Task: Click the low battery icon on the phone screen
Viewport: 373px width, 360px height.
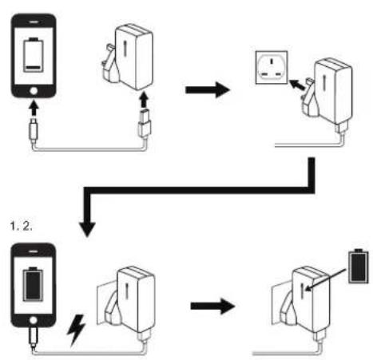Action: pos(33,55)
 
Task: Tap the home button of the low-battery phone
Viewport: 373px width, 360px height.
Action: pos(34,91)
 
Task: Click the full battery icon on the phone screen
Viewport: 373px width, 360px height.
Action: pos(33,284)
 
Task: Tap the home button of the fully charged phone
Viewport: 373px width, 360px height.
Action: pos(34,320)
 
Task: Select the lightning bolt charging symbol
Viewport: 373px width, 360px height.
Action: pos(76,330)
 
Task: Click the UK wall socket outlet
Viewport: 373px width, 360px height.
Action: pos(272,67)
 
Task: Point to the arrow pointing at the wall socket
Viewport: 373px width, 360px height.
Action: pos(297,85)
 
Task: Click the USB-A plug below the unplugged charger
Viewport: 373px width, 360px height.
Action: pos(145,123)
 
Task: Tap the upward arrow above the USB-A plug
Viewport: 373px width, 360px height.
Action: pos(144,99)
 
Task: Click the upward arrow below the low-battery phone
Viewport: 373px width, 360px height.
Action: pos(34,108)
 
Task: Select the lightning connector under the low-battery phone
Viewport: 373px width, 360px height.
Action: pos(34,130)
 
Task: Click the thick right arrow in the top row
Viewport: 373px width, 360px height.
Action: pos(208,90)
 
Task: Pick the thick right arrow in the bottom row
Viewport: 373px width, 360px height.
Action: pos(212,307)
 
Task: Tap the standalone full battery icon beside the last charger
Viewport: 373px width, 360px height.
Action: pos(359,266)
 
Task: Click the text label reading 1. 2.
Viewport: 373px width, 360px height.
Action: pos(21,226)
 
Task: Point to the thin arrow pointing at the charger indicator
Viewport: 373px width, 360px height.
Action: pos(326,279)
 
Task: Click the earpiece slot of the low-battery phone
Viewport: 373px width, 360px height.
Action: pos(34,22)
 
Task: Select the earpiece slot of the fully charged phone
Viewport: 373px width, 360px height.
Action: pos(33,251)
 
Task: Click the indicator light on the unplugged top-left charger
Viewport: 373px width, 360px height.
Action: pos(126,49)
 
